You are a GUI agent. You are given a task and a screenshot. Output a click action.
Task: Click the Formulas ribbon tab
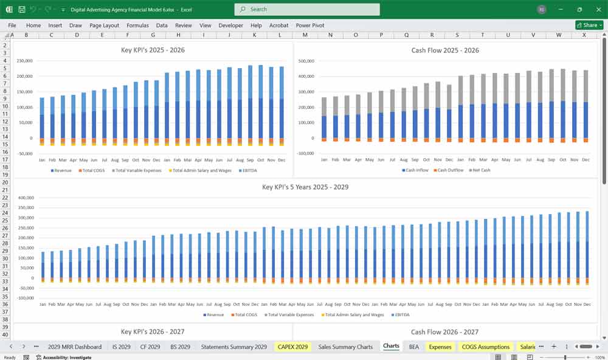(x=137, y=26)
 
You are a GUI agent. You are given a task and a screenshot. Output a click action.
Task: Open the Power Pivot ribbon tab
(x=310, y=26)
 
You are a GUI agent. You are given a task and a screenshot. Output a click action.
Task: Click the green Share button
(x=589, y=25)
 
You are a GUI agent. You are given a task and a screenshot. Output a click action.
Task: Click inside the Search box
(x=307, y=9)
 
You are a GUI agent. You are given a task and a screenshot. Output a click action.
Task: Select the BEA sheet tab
(x=413, y=347)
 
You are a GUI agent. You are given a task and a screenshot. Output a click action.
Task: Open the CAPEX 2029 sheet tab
(x=292, y=347)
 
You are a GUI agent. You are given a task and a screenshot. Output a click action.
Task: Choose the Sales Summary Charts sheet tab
(x=345, y=347)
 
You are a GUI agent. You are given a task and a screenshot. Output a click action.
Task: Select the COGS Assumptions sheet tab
(x=486, y=347)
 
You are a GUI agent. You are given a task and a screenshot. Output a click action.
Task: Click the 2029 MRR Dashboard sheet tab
(x=75, y=347)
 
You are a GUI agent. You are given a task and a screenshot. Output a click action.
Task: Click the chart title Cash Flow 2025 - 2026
(x=445, y=50)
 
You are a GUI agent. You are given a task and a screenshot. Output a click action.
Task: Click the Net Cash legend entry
(x=480, y=170)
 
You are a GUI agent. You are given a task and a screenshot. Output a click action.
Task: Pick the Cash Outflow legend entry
(x=449, y=170)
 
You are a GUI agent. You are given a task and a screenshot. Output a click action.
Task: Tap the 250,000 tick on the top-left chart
(x=25, y=61)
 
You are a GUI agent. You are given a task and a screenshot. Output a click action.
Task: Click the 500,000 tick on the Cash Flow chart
(x=305, y=61)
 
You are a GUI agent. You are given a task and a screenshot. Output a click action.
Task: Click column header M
(x=305, y=35)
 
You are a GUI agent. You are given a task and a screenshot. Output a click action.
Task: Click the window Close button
(x=598, y=9)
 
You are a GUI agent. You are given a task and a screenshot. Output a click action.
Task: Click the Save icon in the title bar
(x=22, y=10)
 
